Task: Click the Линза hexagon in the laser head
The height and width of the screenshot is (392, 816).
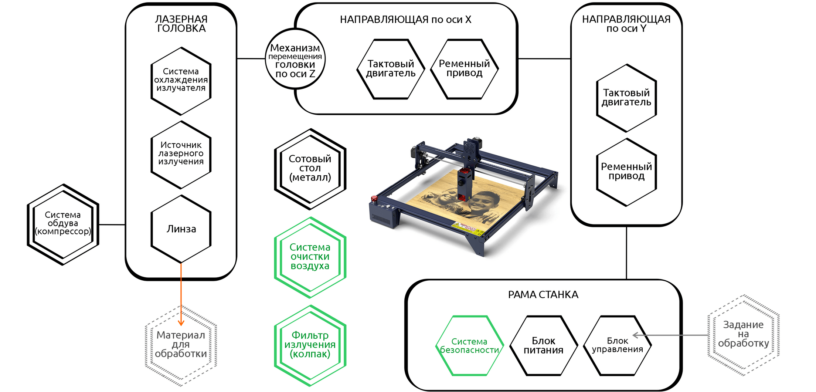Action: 181,229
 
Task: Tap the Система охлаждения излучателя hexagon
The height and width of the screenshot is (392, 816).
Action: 181,81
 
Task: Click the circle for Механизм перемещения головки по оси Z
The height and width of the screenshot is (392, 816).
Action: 295,59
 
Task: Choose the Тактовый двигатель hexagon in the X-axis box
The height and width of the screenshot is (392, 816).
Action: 391,69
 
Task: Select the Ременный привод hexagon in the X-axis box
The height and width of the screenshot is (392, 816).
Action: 465,69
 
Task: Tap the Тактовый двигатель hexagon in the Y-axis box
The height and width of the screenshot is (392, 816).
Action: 626,98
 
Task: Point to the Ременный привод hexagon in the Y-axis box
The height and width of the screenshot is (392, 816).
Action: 626,172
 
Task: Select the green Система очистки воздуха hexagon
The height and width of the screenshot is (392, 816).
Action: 310,257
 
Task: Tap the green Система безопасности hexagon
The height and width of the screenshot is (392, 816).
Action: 470,345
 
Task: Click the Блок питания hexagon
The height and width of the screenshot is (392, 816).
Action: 544,345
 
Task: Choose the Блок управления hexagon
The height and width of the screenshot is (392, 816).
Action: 618,345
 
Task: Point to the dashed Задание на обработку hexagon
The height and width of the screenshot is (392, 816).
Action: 744,335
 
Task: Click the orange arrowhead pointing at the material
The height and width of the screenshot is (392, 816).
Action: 181,323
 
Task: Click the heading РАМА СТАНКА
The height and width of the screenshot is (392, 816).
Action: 543,295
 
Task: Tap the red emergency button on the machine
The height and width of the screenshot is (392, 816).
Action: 374,199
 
